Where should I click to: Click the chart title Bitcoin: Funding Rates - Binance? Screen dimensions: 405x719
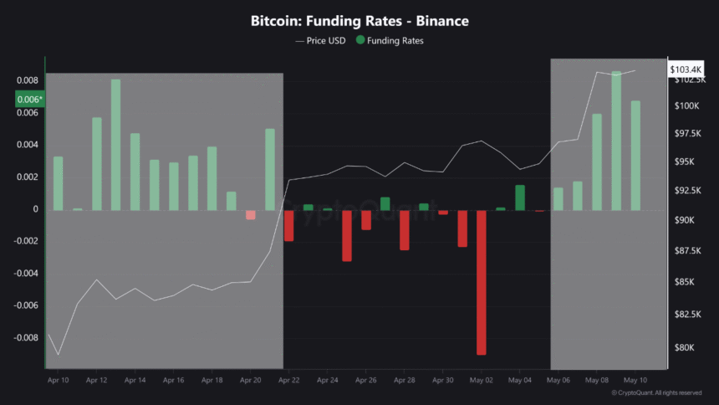pyautogui.click(x=359, y=19)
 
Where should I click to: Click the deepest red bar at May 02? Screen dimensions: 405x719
pyautogui.click(x=481, y=282)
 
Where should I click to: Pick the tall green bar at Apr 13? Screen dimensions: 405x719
pyautogui.click(x=115, y=144)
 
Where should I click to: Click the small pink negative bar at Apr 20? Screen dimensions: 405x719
pyautogui.click(x=250, y=214)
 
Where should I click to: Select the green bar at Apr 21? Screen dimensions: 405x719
pyautogui.click(x=270, y=168)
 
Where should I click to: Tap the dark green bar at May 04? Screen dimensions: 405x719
pyautogui.click(x=519, y=197)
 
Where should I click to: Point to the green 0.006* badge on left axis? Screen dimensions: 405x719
pyautogui.click(x=29, y=99)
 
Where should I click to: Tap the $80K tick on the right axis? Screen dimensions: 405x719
pyautogui.click(x=685, y=347)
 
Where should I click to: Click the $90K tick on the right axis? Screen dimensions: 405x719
pyautogui.click(x=685, y=220)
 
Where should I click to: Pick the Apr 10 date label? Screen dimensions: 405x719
pyautogui.click(x=58, y=380)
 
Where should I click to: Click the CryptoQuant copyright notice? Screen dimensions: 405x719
pyautogui.click(x=656, y=392)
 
